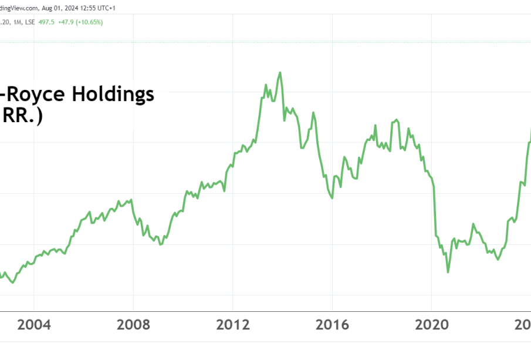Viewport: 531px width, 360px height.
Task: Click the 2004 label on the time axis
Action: click(33, 325)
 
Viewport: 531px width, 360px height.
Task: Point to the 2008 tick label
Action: click(133, 325)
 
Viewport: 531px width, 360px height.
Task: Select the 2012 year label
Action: click(232, 325)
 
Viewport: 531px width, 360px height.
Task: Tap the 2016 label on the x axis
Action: click(332, 325)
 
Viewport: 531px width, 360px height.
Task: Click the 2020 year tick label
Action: click(431, 325)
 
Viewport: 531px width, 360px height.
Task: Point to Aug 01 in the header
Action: click(49, 8)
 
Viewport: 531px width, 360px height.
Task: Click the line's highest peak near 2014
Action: click(280, 72)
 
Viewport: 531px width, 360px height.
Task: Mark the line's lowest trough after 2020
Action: click(448, 272)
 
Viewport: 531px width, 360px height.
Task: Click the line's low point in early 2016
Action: click(333, 198)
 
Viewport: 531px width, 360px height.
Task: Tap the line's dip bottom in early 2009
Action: click(160, 244)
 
